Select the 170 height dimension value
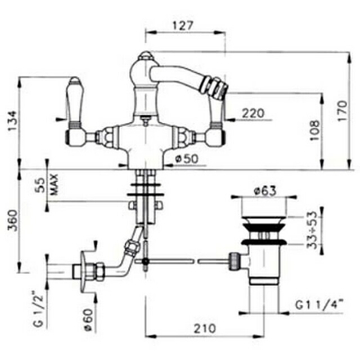tap(342, 111)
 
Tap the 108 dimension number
tap(314, 130)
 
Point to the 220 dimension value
tap(253, 113)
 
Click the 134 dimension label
tap(12, 121)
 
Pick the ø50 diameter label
tap(186, 159)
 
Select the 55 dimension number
tap(41, 185)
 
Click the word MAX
tap(54, 184)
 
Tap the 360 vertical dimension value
tap(12, 220)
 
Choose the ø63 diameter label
tap(265, 191)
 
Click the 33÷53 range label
tap(312, 230)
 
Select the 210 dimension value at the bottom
tap(205, 328)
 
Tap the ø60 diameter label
tap(88, 319)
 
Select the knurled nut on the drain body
tap(235, 261)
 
